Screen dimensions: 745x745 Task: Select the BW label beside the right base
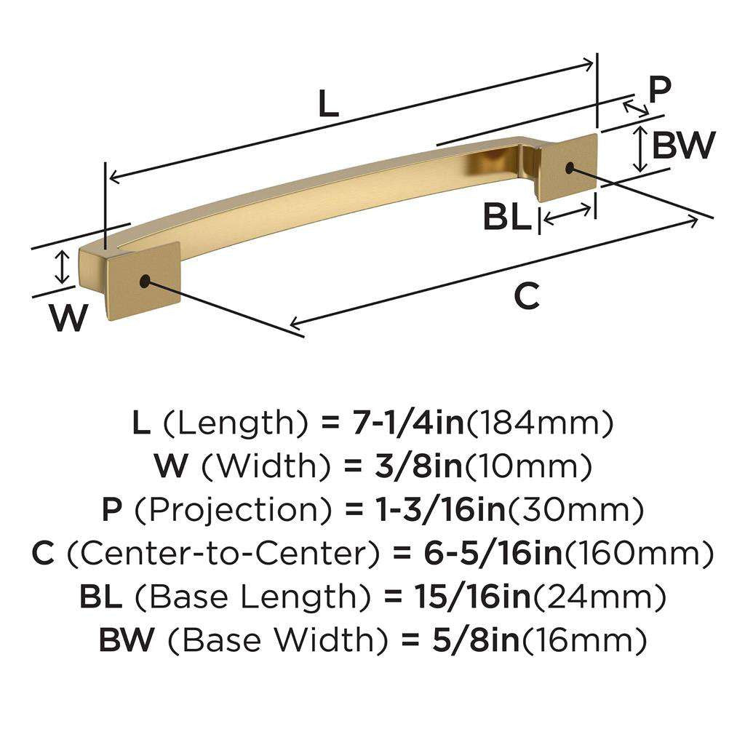682,146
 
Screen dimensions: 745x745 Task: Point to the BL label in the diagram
507,217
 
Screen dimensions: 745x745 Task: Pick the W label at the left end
68,318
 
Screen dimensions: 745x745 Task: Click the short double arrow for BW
640,148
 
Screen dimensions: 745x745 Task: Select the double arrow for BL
567,215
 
